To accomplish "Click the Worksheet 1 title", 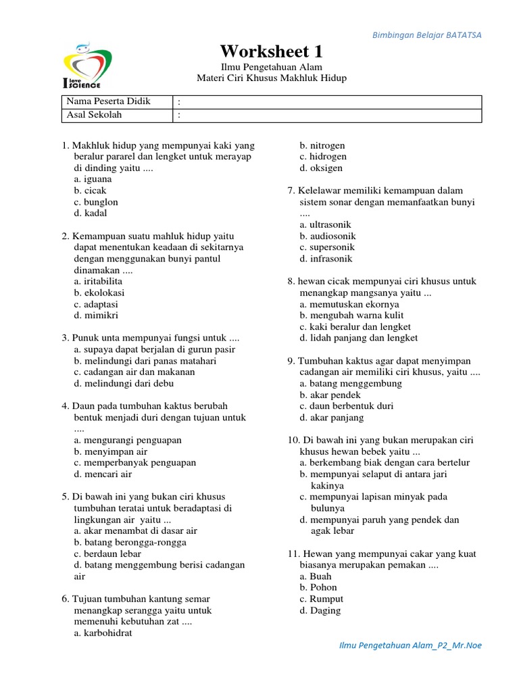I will pos(271,51).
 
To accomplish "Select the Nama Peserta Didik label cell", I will pos(108,101).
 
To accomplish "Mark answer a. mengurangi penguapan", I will pos(128,440).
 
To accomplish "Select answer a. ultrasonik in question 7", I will pos(326,224).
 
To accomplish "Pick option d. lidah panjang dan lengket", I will pos(359,338).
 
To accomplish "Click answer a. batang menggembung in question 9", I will pos(351,383).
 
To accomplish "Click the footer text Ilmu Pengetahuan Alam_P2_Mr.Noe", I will pos(410,645).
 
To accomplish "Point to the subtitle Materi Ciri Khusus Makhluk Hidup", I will pos(271,78).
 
